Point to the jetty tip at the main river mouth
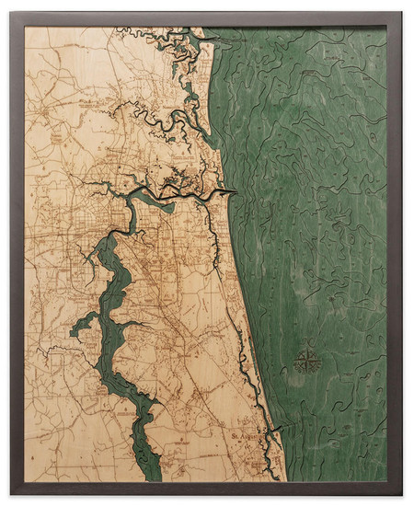[x=237, y=192]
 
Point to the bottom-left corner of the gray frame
[x=12, y=495]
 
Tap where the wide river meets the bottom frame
[x=147, y=480]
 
